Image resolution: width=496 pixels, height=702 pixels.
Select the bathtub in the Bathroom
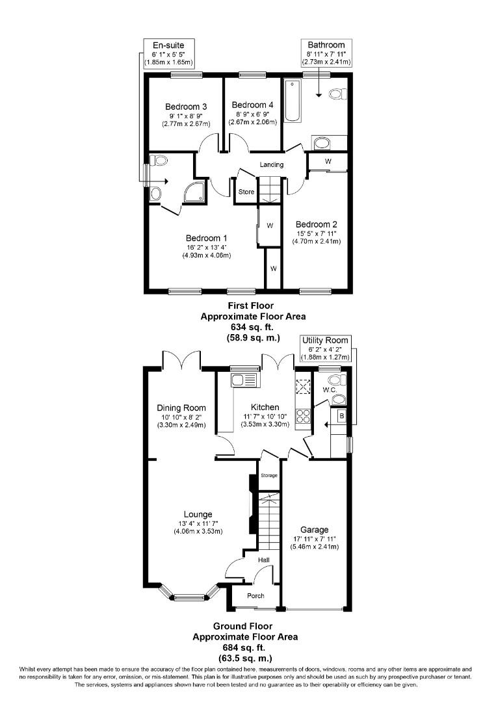tap(293, 101)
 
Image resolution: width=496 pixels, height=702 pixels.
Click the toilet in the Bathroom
tap(336, 95)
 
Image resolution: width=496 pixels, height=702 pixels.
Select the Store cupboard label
tap(246, 192)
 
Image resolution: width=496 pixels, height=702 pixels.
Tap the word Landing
tap(272, 165)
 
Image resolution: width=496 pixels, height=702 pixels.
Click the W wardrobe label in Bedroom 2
tap(328, 161)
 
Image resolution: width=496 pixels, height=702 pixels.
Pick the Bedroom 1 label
tap(207, 237)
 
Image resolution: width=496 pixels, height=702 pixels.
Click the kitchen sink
tap(246, 380)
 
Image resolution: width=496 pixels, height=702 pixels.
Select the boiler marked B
tap(341, 415)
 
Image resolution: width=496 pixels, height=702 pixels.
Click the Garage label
tap(315, 530)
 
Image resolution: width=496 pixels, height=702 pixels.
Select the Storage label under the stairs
tap(269, 476)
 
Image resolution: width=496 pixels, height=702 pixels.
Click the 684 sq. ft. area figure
tap(245, 647)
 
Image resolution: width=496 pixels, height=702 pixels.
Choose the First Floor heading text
tap(250, 305)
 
